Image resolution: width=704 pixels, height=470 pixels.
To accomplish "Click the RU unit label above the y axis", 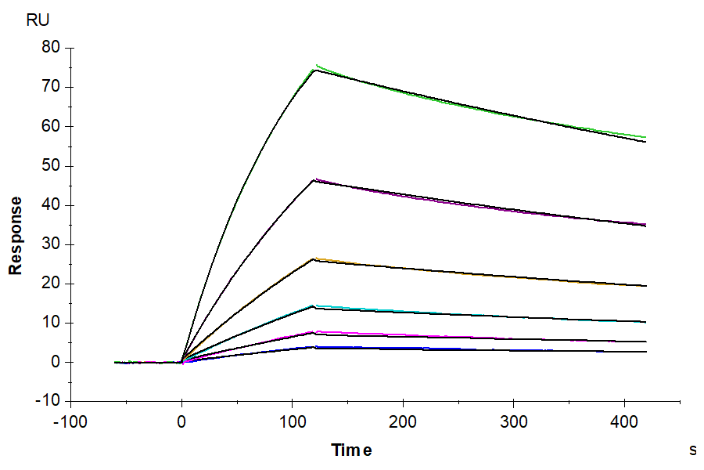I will (38, 21).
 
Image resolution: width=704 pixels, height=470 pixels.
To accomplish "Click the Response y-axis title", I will (15, 236).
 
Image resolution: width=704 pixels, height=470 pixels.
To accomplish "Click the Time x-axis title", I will (351, 450).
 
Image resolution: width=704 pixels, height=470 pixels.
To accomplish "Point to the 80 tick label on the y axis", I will (51, 47).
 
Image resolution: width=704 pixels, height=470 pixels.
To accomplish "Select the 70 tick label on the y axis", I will (51, 87).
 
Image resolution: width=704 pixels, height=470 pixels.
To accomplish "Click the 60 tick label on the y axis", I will (51, 126).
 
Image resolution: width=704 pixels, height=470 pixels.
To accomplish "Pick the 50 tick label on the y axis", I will (51, 166).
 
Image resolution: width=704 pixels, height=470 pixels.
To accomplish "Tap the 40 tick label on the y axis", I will (51, 205).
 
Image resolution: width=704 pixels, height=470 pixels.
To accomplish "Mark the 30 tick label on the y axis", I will (51, 244).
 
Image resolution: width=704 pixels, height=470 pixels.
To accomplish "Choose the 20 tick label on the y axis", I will (51, 284).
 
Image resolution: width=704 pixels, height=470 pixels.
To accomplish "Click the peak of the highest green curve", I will (316, 66).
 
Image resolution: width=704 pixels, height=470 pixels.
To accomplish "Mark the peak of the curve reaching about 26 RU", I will (314, 258).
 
